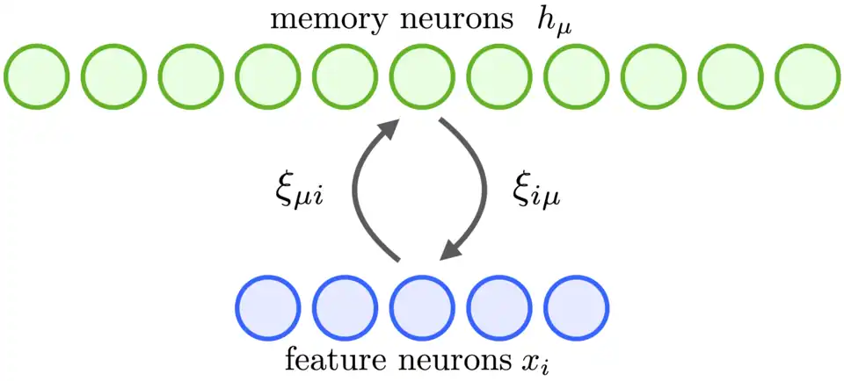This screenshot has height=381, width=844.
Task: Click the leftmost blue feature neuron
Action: click(x=268, y=308)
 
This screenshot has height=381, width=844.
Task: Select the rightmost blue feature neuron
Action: click(x=576, y=308)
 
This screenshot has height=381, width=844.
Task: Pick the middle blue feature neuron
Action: click(x=422, y=308)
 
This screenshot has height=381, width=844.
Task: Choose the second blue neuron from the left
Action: click(x=345, y=308)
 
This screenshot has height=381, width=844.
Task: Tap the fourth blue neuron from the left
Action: click(x=498, y=308)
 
